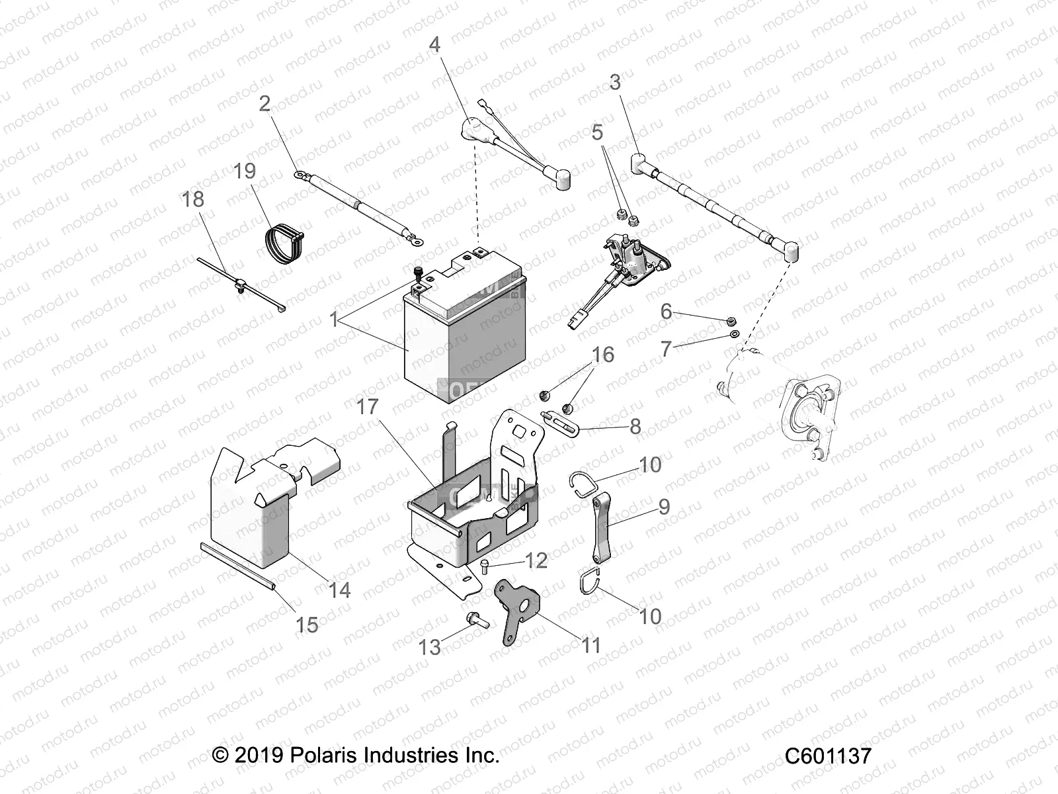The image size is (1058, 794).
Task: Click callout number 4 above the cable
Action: tap(434, 44)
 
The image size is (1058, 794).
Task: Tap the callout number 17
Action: tap(368, 406)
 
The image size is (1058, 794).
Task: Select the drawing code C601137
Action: tap(828, 756)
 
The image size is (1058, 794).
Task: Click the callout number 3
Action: tap(615, 82)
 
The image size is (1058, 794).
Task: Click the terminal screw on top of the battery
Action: tap(419, 272)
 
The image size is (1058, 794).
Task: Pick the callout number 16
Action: tap(602, 355)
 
